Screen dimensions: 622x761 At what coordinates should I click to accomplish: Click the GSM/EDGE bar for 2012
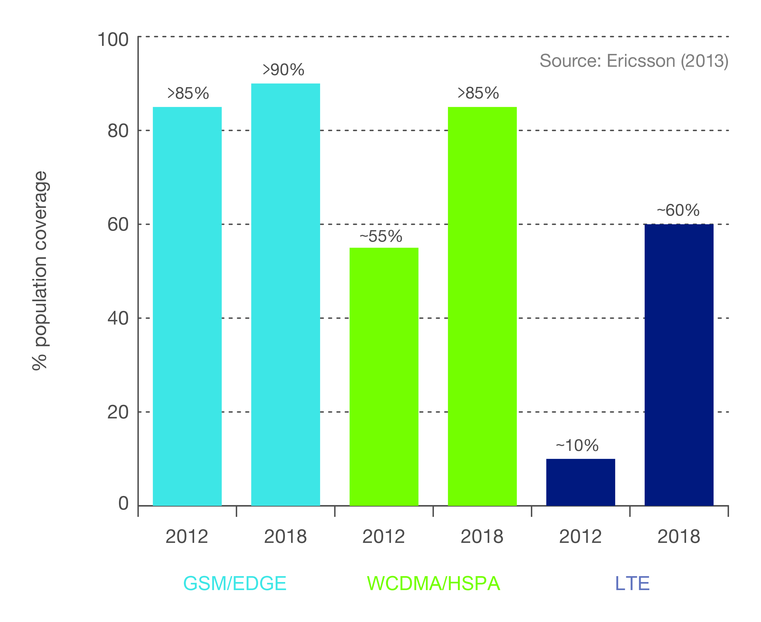187,306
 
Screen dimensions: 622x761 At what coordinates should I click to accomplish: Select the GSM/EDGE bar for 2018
285,295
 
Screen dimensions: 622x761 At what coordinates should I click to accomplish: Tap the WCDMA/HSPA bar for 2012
384,377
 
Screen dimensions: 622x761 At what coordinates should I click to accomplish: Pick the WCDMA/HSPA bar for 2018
482,306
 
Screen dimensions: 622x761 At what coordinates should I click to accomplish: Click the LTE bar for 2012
580,482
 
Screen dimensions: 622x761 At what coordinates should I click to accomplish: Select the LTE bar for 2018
679,365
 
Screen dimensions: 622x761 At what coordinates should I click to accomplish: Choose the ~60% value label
678,210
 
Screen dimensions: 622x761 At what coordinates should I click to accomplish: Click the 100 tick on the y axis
113,39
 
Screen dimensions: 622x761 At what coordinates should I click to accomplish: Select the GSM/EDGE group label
235,584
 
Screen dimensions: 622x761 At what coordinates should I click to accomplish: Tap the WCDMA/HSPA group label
433,584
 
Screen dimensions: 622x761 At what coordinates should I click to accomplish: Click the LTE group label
632,584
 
